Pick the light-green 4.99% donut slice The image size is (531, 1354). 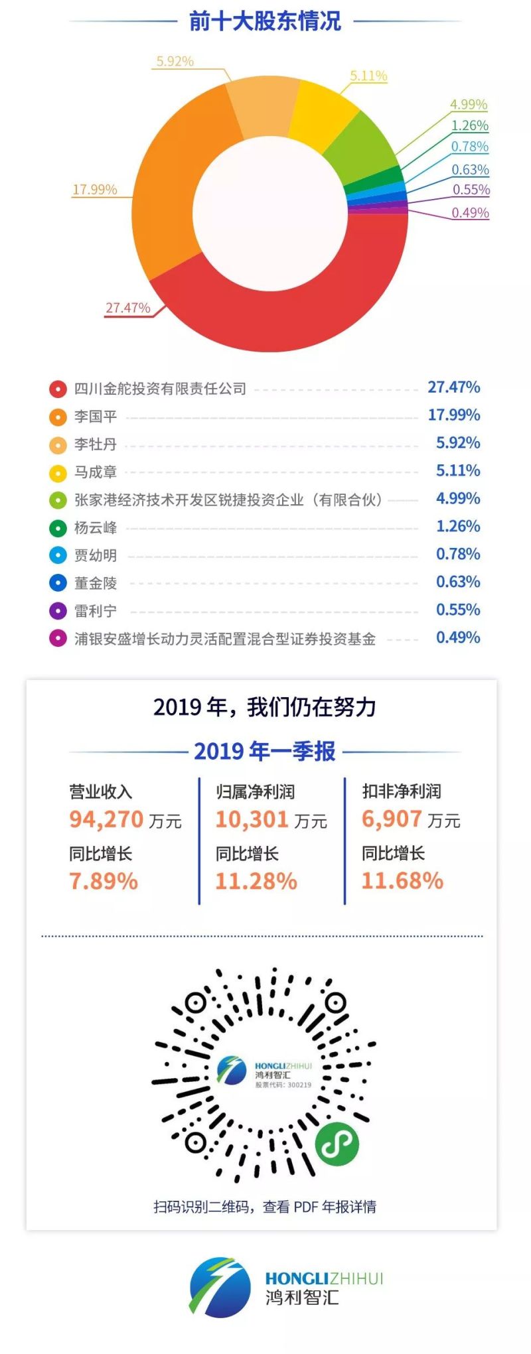click(364, 149)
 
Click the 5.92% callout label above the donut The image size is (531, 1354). click(175, 61)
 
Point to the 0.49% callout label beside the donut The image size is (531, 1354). click(470, 212)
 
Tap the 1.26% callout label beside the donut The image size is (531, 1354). click(469, 125)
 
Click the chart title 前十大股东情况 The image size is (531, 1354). click(265, 21)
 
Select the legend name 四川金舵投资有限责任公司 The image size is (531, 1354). click(160, 389)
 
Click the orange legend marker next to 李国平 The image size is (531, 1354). click(58, 417)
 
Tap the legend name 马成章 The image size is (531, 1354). click(96, 472)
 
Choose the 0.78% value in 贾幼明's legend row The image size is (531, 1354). click(458, 554)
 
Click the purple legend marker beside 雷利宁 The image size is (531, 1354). click(58, 610)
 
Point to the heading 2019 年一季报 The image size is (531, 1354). click(265, 751)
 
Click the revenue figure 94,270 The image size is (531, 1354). click(106, 819)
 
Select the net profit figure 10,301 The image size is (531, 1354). click(252, 819)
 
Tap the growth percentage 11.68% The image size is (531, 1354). click(402, 880)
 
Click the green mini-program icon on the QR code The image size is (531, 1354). click(337, 1144)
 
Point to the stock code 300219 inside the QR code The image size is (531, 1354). click(299, 1085)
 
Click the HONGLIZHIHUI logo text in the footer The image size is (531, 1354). click(324, 1278)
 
